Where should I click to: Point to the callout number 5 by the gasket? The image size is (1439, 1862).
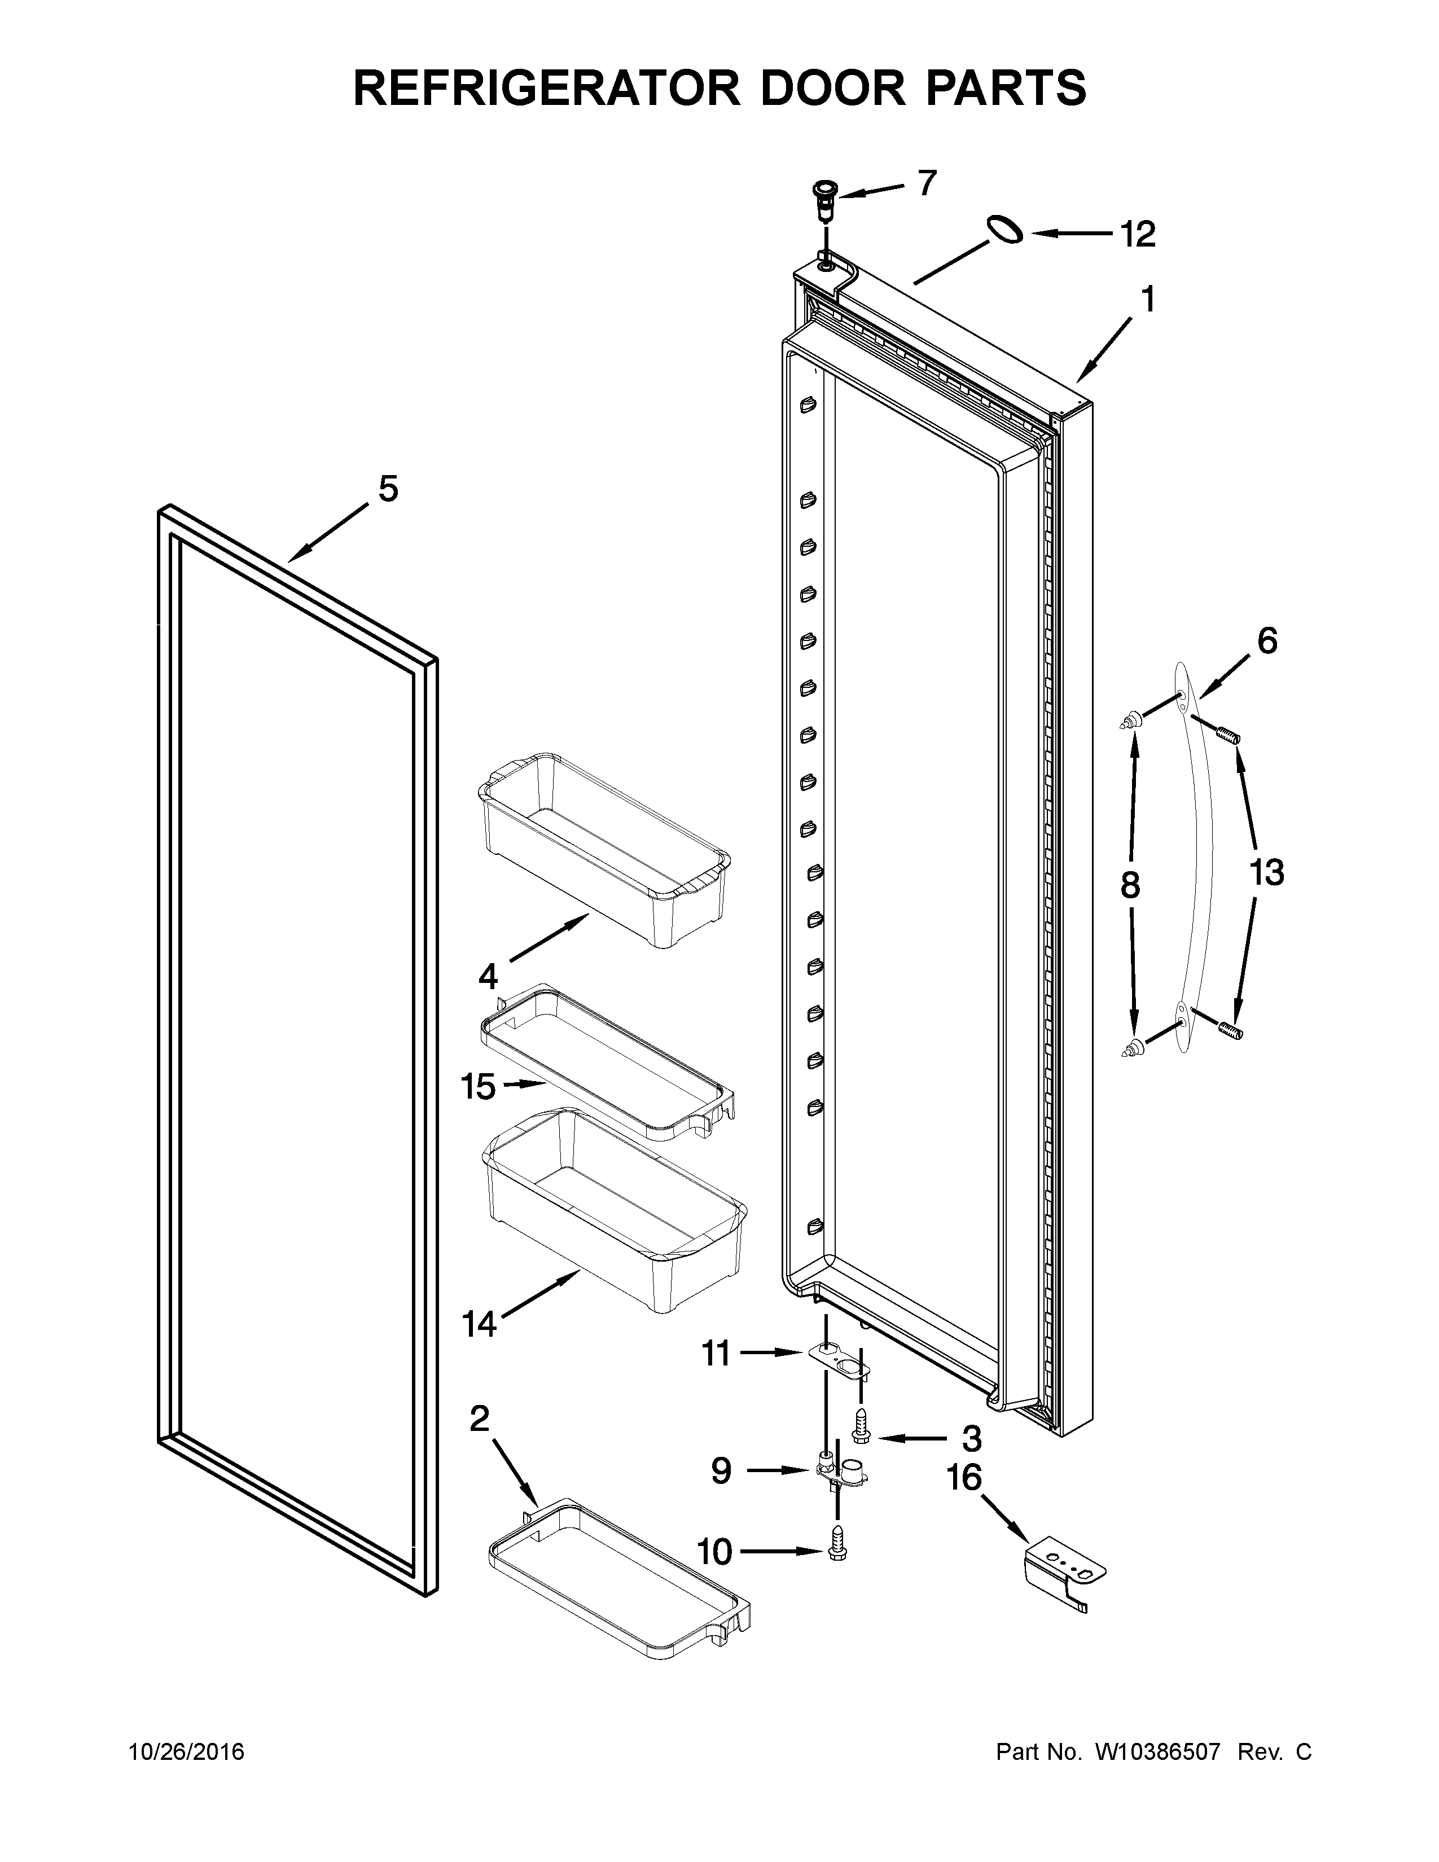pos(388,489)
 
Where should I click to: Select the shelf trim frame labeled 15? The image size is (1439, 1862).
pos(607,1061)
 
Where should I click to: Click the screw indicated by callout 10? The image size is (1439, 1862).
pos(837,1553)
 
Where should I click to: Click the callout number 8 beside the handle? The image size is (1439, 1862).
pos(1130,886)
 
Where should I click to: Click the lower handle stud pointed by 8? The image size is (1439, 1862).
pos(1130,1049)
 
